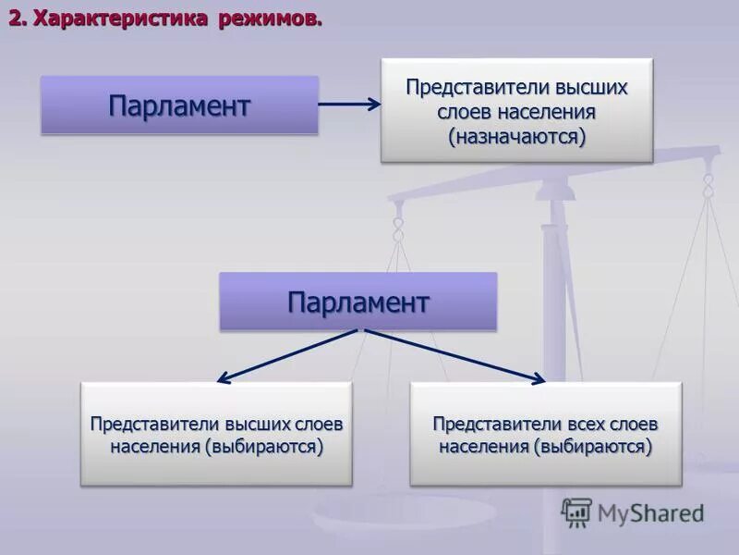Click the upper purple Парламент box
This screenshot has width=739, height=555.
[x=179, y=105]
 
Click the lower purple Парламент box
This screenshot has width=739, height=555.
[x=357, y=302]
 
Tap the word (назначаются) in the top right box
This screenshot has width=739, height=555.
[x=517, y=137]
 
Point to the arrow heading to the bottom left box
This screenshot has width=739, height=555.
[x=286, y=355]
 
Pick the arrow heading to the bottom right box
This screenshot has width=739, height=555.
[x=453, y=355]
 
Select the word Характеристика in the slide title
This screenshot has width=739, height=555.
[x=121, y=19]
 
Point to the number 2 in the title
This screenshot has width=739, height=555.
[x=17, y=19]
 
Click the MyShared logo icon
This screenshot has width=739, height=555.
[x=576, y=512]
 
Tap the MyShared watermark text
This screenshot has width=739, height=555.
[x=650, y=512]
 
